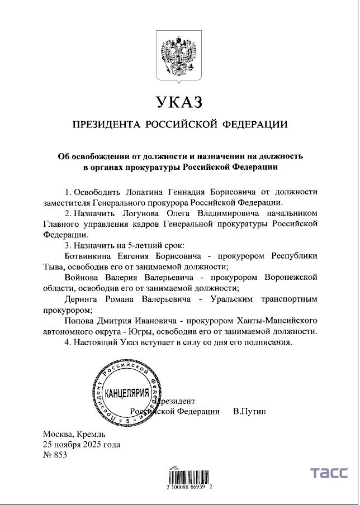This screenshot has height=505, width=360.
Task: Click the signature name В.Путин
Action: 249,411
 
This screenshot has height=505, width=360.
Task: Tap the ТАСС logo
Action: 330,473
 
